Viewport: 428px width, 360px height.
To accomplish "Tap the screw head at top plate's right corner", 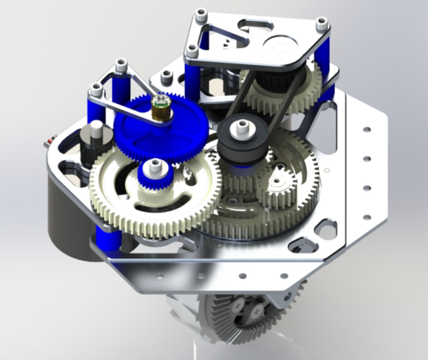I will (321, 23).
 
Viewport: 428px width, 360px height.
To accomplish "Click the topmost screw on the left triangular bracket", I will (120, 64).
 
